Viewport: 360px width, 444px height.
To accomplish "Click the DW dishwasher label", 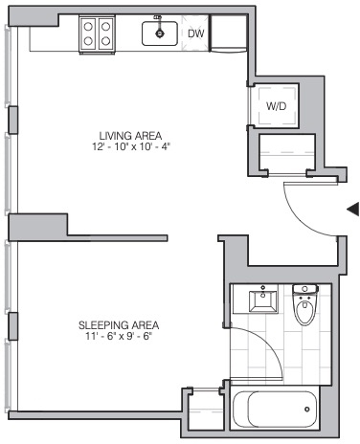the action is (x=195, y=33).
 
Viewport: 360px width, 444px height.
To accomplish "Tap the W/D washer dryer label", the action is (x=277, y=106).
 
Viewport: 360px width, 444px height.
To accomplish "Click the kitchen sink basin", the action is (x=160, y=33).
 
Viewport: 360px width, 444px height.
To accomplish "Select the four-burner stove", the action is (x=97, y=34).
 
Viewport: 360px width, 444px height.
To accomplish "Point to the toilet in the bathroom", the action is (x=304, y=304).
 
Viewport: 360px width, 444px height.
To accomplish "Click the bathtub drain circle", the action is (x=307, y=410).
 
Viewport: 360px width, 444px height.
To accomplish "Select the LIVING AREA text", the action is (x=130, y=136).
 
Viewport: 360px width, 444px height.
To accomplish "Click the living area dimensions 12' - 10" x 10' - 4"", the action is (x=131, y=146).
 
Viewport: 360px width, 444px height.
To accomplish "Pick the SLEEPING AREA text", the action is (x=119, y=325).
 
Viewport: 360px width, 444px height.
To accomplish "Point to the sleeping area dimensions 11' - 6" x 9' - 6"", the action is (x=118, y=337).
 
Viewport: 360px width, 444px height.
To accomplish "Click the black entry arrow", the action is (x=353, y=210).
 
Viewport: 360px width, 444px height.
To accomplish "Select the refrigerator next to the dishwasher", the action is (x=229, y=33).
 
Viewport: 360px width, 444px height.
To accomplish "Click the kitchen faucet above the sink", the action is (x=158, y=18).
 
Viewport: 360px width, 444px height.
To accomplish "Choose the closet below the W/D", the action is (x=286, y=154).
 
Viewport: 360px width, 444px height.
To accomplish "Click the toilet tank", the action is (x=305, y=289).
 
